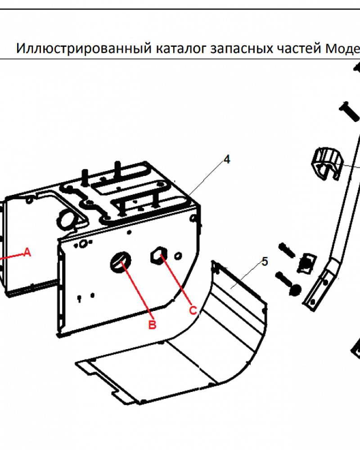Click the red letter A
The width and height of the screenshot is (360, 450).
tap(27, 252)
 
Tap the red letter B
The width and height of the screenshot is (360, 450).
tap(153, 324)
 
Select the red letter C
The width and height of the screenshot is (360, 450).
tap(193, 310)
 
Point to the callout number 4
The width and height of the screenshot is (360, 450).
tap(227, 160)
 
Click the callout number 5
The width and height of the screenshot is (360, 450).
tap(265, 261)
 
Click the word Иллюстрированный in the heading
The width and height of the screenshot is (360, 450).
tap(84, 48)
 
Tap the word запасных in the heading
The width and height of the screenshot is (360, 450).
tap(242, 49)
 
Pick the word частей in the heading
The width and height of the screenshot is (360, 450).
tap(299, 49)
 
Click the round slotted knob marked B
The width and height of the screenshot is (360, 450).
tap(121, 262)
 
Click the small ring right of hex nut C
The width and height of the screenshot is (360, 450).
tap(178, 256)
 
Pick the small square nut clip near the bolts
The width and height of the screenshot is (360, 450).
tap(306, 263)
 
